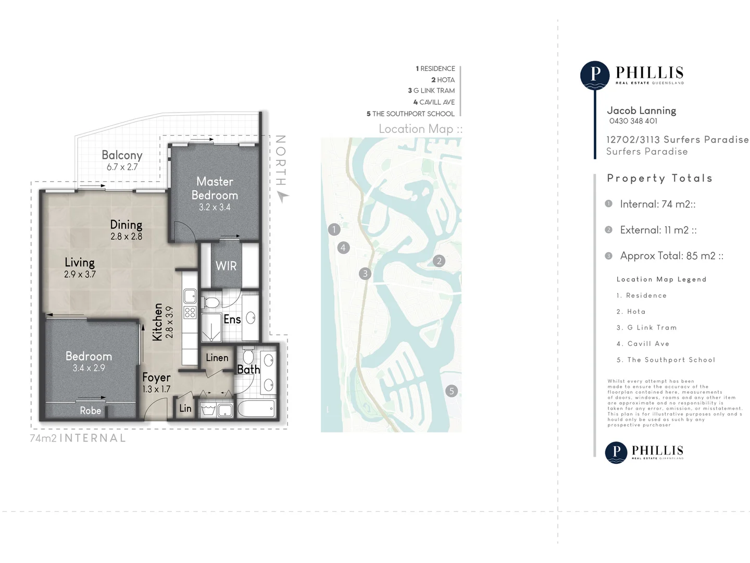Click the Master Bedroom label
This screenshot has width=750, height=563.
[215, 188]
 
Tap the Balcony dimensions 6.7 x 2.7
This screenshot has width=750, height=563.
[122, 167]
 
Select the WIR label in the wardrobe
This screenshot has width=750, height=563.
[226, 266]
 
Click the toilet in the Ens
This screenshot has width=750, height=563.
[211, 302]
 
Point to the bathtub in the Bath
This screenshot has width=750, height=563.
[256, 409]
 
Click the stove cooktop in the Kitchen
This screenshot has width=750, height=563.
[190, 313]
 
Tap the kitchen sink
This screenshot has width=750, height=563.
[190, 296]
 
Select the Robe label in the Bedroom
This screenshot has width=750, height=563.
[90, 411]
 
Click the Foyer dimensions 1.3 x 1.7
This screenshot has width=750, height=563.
[156, 389]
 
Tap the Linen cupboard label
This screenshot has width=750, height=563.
[217, 358]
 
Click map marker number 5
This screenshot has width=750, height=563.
[452, 391]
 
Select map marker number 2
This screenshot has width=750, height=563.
[439, 261]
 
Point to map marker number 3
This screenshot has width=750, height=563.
[365, 274]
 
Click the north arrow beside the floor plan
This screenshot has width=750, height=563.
[282, 197]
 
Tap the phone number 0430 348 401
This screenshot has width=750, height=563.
[633, 121]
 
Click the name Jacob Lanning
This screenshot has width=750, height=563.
[641, 111]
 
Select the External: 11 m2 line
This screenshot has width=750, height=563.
[658, 230]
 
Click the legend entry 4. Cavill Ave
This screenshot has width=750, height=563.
[643, 344]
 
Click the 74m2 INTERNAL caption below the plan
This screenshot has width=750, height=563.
[78, 438]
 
